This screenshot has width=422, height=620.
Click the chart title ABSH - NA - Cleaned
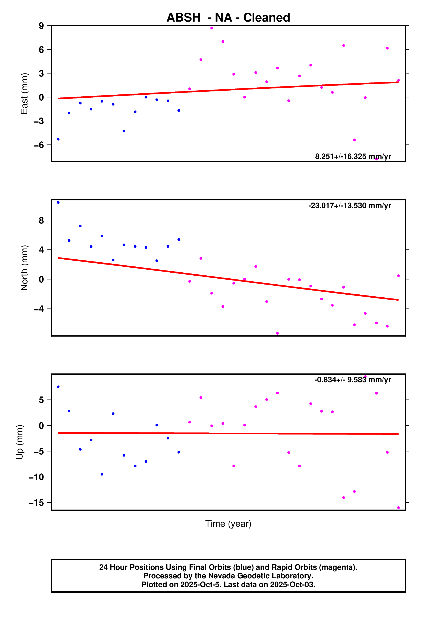click(x=228, y=18)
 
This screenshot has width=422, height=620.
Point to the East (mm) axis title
click(x=24, y=93)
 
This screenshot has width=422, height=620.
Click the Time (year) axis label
click(x=228, y=523)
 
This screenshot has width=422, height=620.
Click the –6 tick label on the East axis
click(x=39, y=145)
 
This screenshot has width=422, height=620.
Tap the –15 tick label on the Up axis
click(x=36, y=503)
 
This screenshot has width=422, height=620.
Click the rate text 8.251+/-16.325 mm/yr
click(x=353, y=156)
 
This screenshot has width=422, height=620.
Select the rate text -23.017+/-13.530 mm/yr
click(x=349, y=206)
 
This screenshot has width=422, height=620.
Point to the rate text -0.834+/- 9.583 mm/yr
click(x=353, y=380)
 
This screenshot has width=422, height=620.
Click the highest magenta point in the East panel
click(x=211, y=28)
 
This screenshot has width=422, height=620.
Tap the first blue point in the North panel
click(x=58, y=203)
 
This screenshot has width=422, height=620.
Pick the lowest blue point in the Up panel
click(x=102, y=474)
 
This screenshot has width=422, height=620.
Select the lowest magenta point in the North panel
click(x=277, y=333)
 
